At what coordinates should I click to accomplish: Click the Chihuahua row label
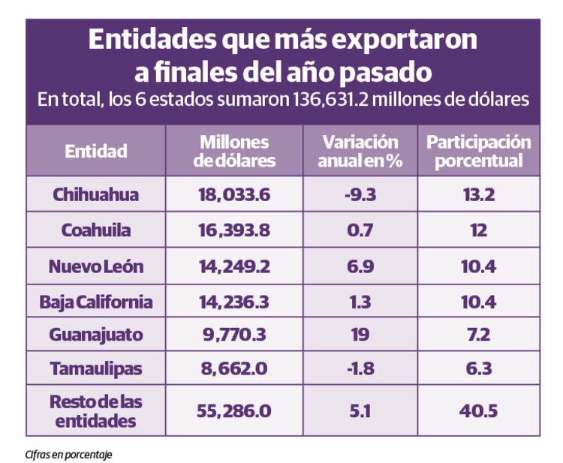pyautogui.click(x=95, y=194)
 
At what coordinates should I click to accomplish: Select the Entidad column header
pyautogui.click(x=95, y=151)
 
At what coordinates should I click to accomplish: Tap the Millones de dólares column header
pyautogui.click(x=234, y=151)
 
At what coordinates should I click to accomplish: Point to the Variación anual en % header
pyautogui.click(x=360, y=151)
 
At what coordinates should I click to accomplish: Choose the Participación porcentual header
pyautogui.click(x=478, y=151)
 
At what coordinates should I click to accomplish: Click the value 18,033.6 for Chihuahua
pyautogui.click(x=234, y=194)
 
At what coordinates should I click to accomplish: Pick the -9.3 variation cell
pyautogui.click(x=360, y=194)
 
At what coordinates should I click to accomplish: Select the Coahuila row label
pyautogui.click(x=95, y=230)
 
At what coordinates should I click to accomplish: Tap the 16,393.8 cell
pyautogui.click(x=234, y=230)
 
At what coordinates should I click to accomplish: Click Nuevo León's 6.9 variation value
pyautogui.click(x=360, y=266)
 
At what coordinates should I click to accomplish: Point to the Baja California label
pyautogui.click(x=95, y=302)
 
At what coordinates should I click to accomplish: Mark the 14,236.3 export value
pyautogui.click(x=234, y=302)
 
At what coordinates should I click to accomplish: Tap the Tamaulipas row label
pyautogui.click(x=95, y=368)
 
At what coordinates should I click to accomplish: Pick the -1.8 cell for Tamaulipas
pyautogui.click(x=360, y=368)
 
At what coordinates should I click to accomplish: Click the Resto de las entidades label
pyautogui.click(x=95, y=410)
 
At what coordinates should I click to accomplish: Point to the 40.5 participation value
pyautogui.click(x=478, y=410)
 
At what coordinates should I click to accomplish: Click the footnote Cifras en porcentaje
pyautogui.click(x=68, y=453)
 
